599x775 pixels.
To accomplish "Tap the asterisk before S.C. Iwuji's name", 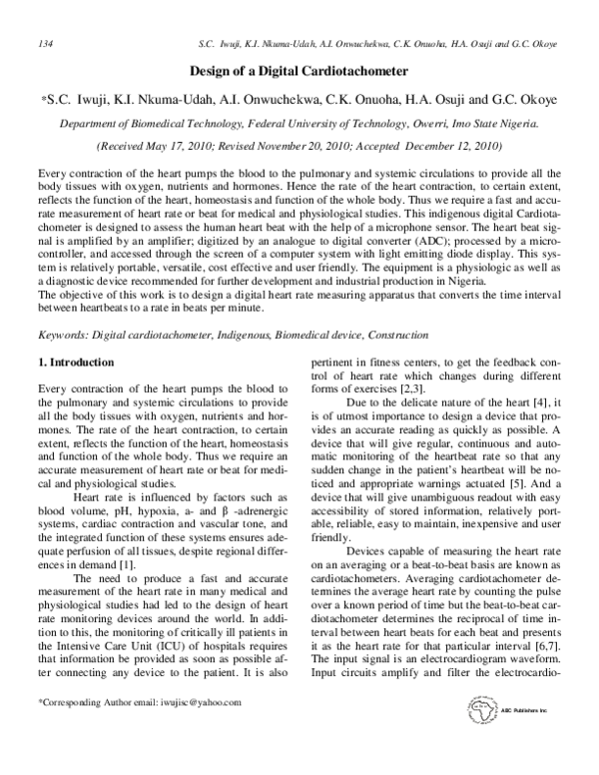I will (x=44, y=101).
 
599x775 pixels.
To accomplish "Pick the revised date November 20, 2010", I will (x=324, y=146).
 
